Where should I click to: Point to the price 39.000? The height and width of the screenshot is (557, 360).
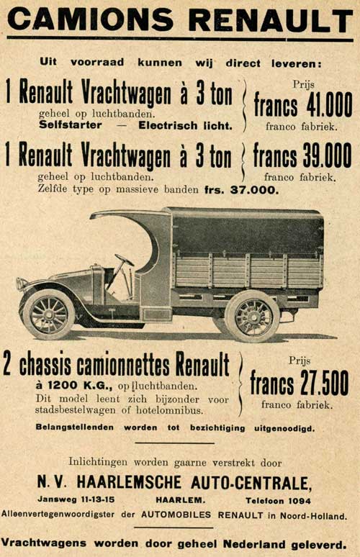pyautogui.click(x=328, y=155)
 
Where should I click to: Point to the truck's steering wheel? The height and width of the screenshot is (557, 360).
pyautogui.click(x=125, y=261)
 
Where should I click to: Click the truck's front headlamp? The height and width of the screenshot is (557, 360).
pyautogui.click(x=22, y=284)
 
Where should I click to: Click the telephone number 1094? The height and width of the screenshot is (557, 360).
pyautogui.click(x=298, y=500)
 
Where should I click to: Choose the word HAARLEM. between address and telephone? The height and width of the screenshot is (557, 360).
pyautogui.click(x=180, y=500)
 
